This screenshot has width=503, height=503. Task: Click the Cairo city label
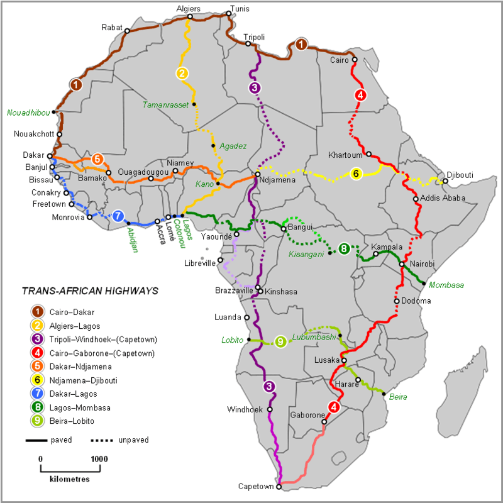340,60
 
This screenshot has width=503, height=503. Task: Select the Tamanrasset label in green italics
165,104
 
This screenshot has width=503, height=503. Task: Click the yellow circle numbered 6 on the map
356,174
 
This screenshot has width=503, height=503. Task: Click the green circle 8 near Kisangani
344,249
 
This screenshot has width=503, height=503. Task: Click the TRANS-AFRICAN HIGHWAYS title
89,291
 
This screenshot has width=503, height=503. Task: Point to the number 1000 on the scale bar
98,459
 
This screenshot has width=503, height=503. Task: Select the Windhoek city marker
270,409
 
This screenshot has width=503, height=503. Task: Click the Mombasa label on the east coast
446,285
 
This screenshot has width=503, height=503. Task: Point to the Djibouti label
460,175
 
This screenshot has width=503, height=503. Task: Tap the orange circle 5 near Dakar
97,159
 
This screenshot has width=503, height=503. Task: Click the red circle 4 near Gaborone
333,407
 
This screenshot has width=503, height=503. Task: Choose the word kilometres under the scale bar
69,478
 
